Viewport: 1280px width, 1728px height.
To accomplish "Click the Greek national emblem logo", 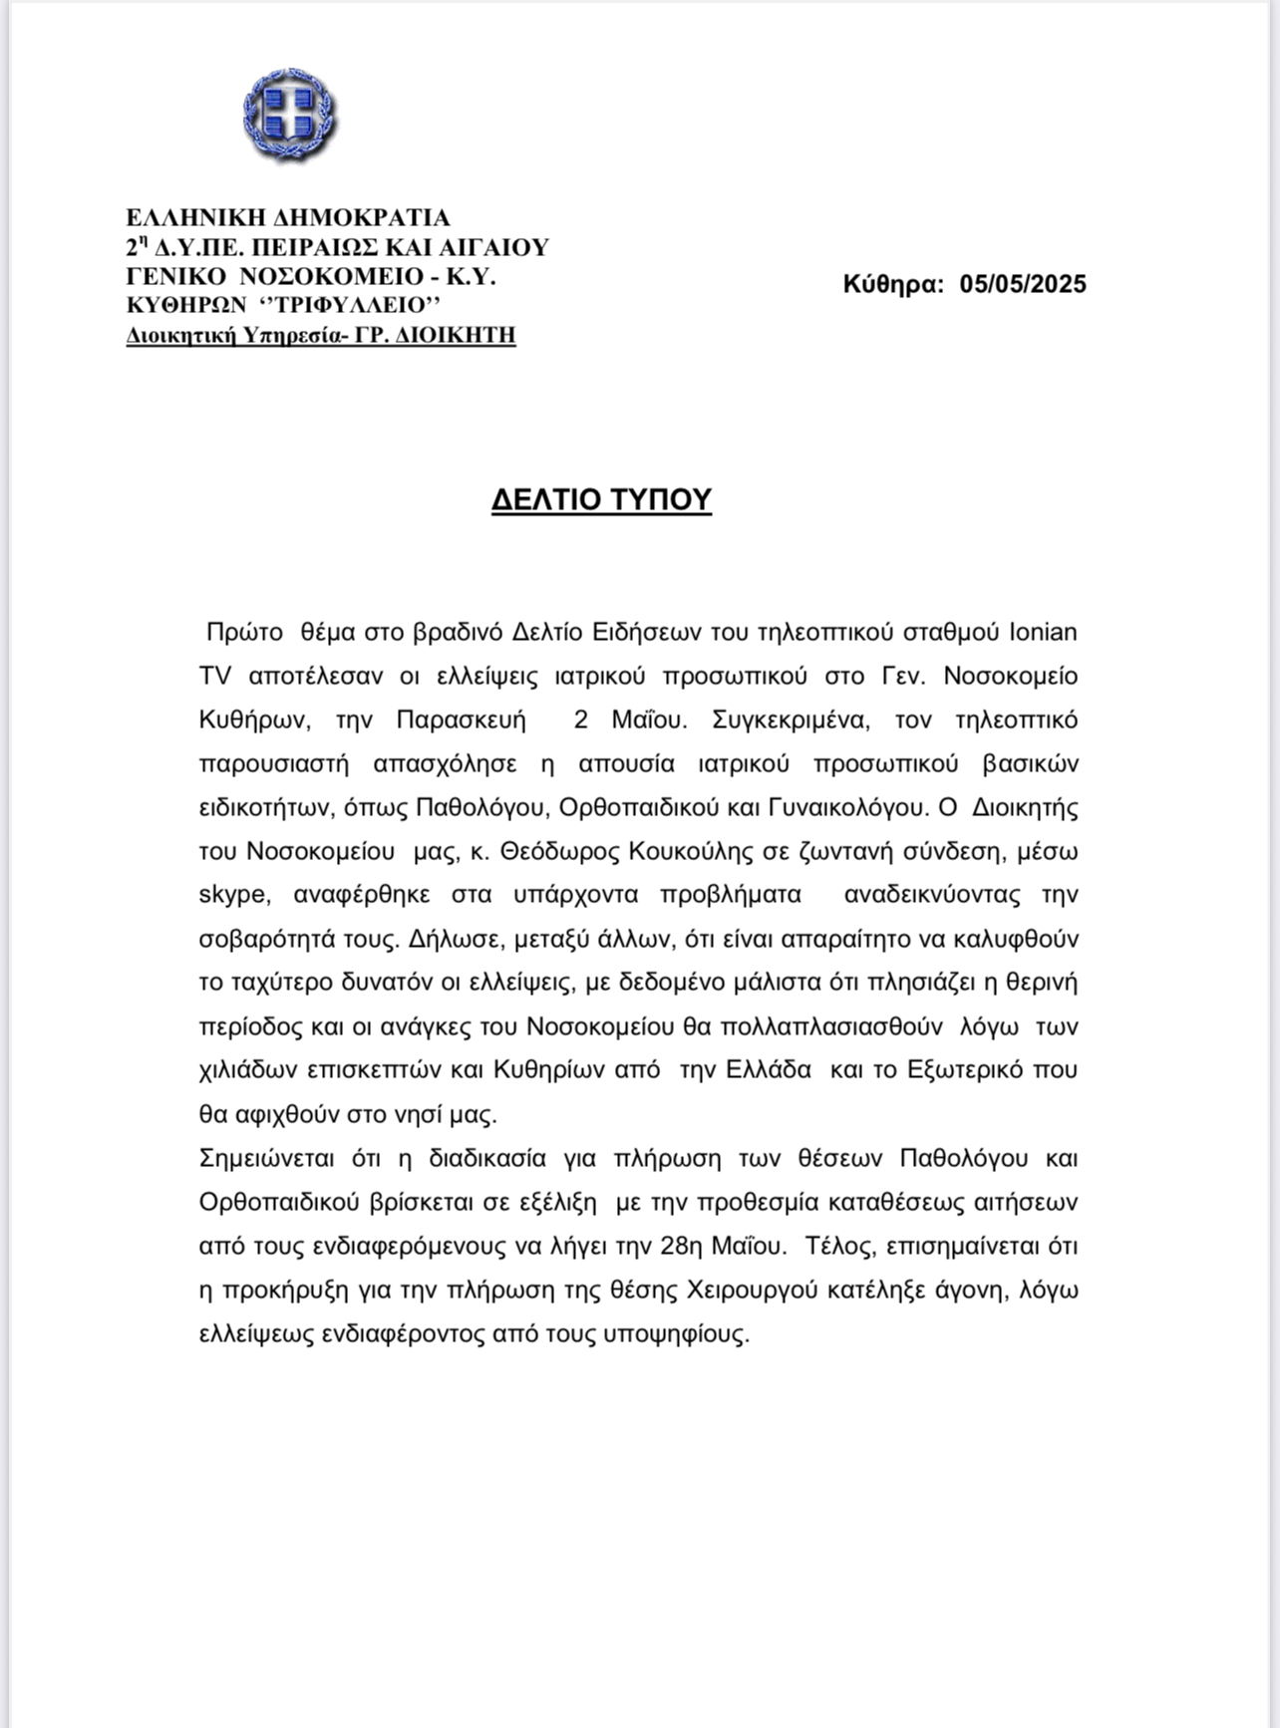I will tap(289, 116).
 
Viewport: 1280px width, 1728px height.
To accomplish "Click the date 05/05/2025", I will tap(1023, 284).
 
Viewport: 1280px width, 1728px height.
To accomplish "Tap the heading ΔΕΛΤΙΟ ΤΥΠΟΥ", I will tap(601, 499).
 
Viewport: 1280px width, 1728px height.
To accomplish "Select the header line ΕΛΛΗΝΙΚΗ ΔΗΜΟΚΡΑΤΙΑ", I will tap(288, 217).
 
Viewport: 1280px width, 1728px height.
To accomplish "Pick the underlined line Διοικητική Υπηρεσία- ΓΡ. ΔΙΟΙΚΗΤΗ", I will tap(321, 335).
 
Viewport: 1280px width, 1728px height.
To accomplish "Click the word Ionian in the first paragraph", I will tap(1043, 632).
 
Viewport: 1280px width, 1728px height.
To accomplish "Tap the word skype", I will tap(232, 894).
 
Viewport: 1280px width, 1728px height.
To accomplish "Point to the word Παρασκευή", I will tap(461, 720).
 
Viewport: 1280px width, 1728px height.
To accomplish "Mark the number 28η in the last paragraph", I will tap(681, 1246).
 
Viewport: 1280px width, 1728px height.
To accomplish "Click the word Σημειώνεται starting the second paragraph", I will tap(263, 1158).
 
